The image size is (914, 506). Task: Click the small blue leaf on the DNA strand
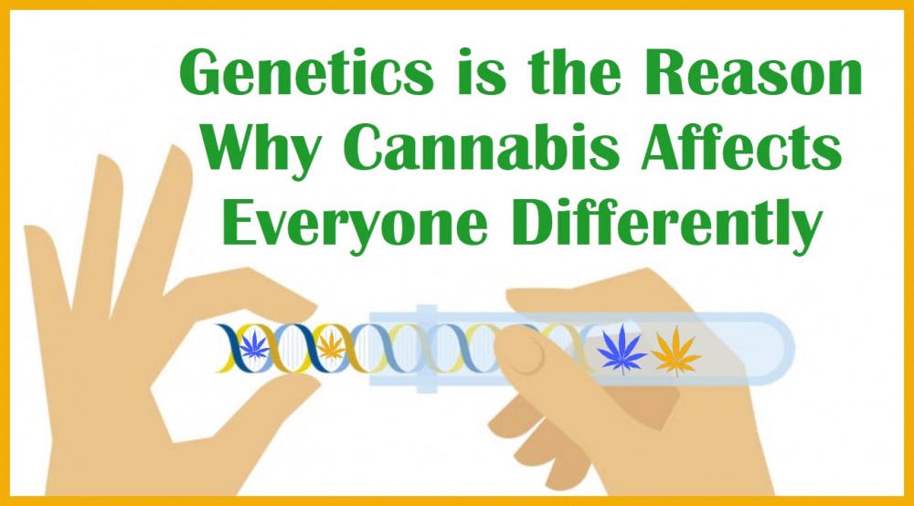point(254,345)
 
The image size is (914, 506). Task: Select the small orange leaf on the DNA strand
point(331,344)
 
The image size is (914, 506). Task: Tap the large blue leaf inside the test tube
point(622,348)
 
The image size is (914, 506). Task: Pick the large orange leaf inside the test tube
point(675,351)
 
